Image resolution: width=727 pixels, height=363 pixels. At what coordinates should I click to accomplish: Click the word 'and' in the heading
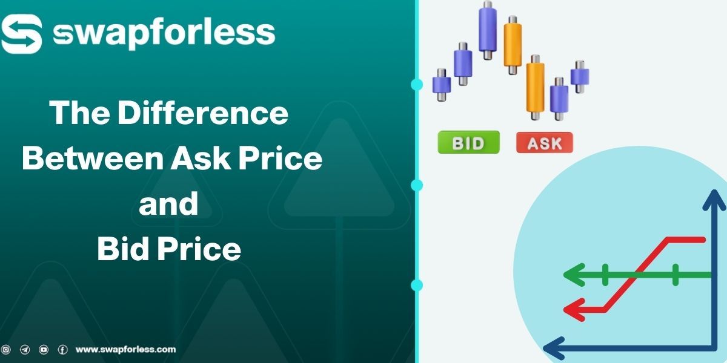click(168, 204)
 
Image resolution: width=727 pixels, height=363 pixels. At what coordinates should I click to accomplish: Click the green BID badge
click(468, 143)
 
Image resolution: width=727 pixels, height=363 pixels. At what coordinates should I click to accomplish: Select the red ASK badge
click(544, 143)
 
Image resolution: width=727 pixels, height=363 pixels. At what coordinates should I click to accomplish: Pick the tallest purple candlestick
click(488, 30)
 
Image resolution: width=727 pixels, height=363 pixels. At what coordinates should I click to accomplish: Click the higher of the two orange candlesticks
click(513, 44)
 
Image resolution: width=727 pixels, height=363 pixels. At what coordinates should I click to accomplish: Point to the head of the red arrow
click(571, 310)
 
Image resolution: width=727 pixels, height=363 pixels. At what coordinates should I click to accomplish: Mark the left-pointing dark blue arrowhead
click(553, 348)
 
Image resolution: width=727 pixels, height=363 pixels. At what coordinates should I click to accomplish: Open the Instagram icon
click(7, 350)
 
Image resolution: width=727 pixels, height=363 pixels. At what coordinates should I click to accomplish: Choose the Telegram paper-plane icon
click(25, 350)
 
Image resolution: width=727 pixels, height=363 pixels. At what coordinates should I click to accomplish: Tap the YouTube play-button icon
click(44, 350)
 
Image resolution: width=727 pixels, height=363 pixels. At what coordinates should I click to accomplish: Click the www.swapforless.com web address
click(125, 349)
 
